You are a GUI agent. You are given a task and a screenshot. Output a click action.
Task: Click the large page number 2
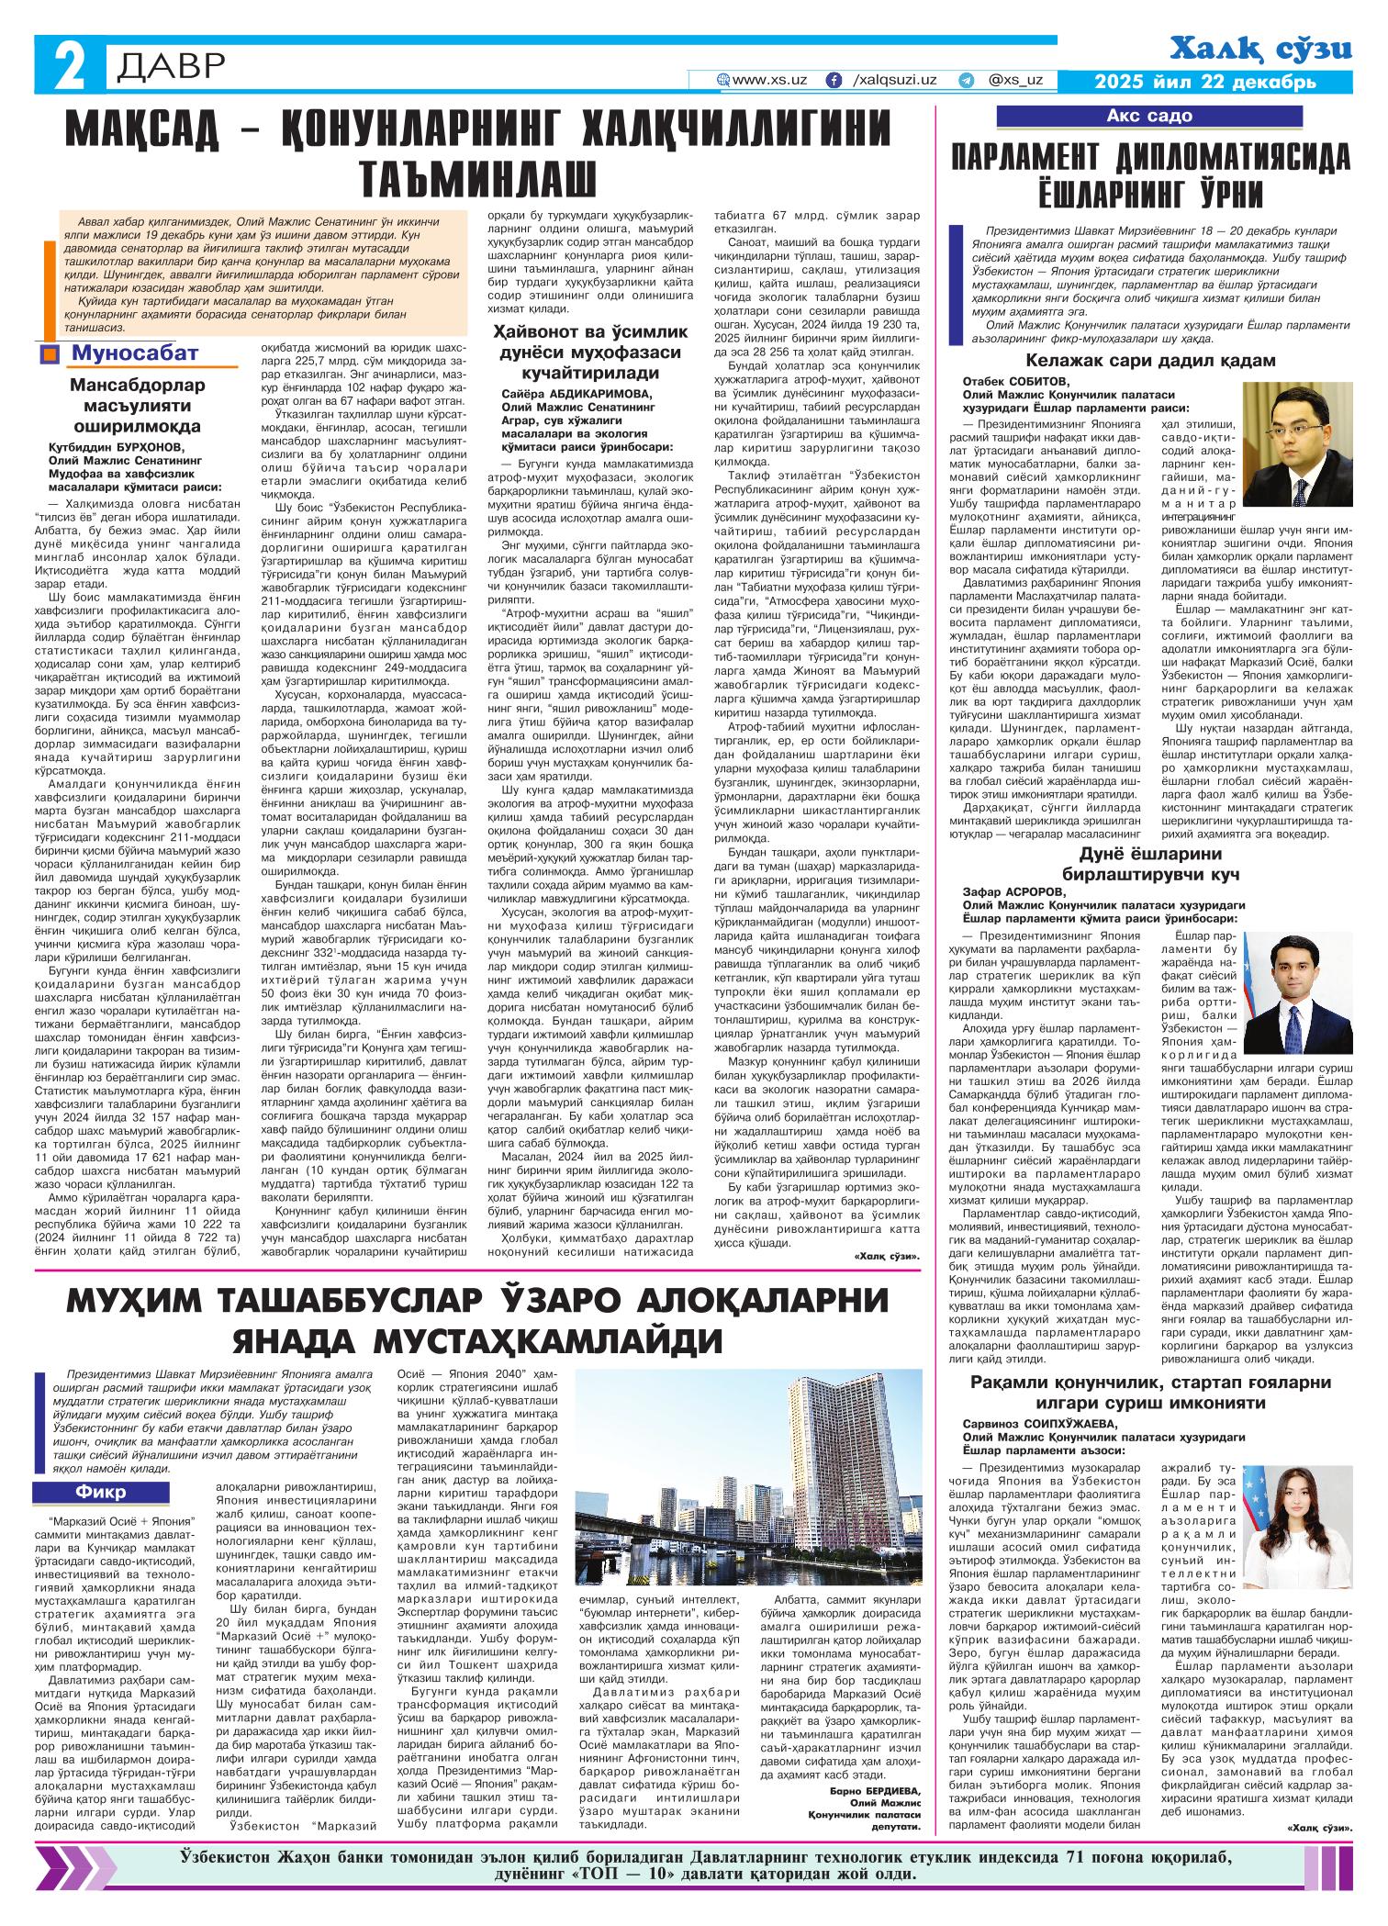coord(68,66)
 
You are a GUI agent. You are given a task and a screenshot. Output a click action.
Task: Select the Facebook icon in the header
coord(834,80)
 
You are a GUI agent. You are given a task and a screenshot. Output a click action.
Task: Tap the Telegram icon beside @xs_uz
coord(966,80)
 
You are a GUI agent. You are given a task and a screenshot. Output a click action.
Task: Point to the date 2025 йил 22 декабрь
coord(1205,82)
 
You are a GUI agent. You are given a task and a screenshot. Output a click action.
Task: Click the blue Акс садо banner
coord(1149,116)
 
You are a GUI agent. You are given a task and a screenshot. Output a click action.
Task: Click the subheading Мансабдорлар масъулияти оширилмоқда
coord(139,405)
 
